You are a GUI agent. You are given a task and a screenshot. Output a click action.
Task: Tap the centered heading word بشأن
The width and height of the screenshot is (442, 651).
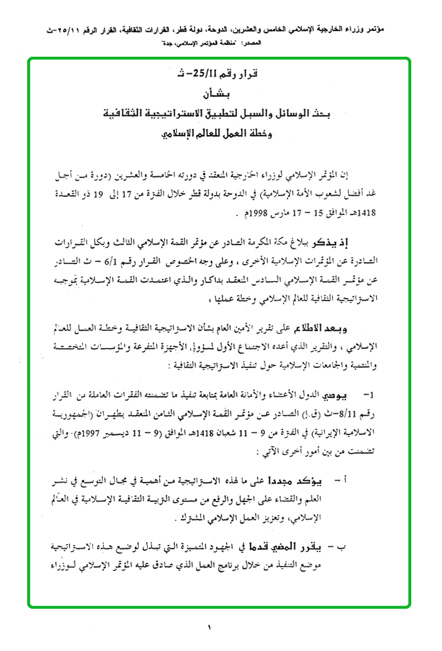tap(221, 94)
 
